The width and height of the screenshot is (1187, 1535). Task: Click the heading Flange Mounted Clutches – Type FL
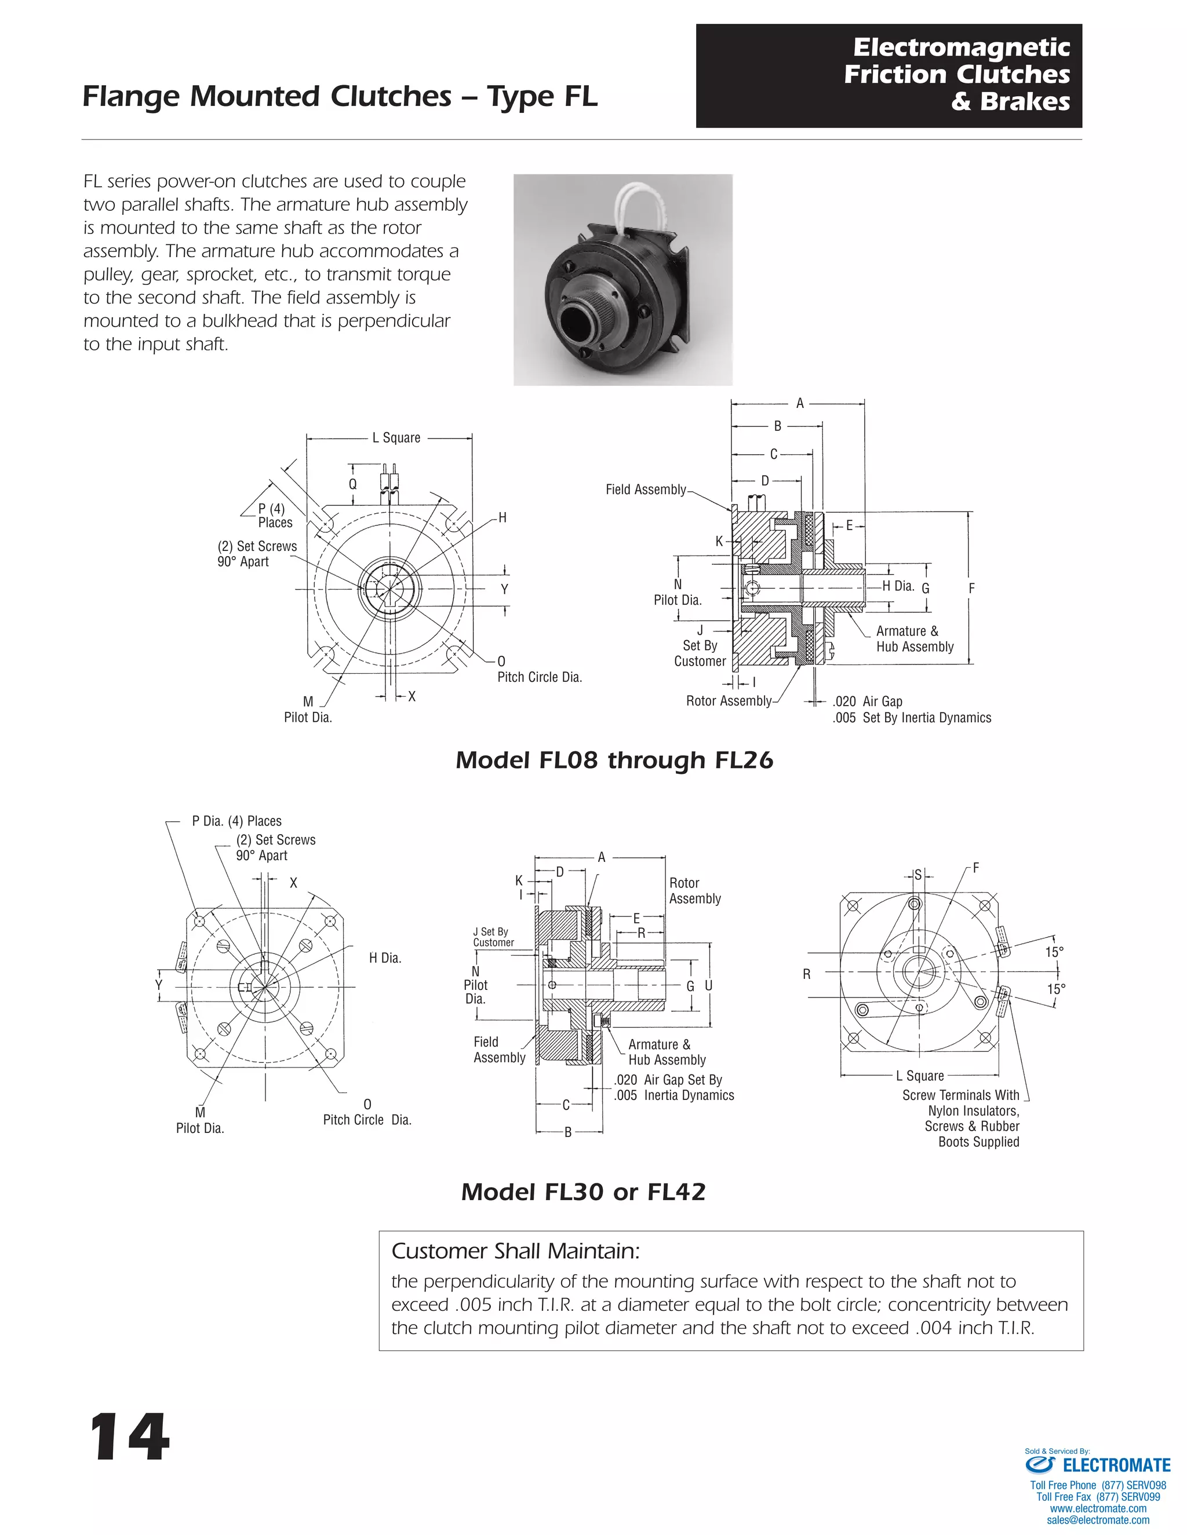(x=340, y=96)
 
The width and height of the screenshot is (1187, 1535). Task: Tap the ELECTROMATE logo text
(x=1116, y=1465)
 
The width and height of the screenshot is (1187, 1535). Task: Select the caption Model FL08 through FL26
(x=614, y=760)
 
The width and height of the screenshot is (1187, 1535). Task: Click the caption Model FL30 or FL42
(x=583, y=1192)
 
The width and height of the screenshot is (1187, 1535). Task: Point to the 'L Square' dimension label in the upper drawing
(x=396, y=438)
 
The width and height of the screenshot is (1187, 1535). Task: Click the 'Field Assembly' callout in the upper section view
(x=646, y=489)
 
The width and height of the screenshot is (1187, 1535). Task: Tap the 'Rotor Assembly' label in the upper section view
(x=729, y=701)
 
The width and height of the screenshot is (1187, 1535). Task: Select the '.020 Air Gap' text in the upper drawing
(x=867, y=701)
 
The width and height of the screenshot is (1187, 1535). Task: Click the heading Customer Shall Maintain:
(x=515, y=1251)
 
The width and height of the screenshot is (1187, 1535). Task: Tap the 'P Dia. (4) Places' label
(x=236, y=821)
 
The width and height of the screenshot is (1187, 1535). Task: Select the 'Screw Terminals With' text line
(x=960, y=1095)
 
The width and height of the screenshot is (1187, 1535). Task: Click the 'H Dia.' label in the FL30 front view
(x=385, y=958)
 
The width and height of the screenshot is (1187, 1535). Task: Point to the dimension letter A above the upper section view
(x=799, y=403)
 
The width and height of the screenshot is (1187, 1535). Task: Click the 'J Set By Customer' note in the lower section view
(x=493, y=937)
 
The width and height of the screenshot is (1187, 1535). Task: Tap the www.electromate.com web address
(x=1098, y=1508)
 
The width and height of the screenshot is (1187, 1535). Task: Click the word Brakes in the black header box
(x=1025, y=102)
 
